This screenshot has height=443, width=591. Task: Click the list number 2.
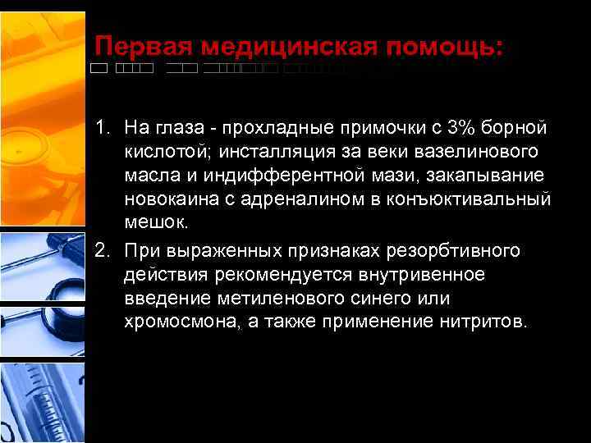point(101,249)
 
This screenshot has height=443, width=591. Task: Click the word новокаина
point(168,200)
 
